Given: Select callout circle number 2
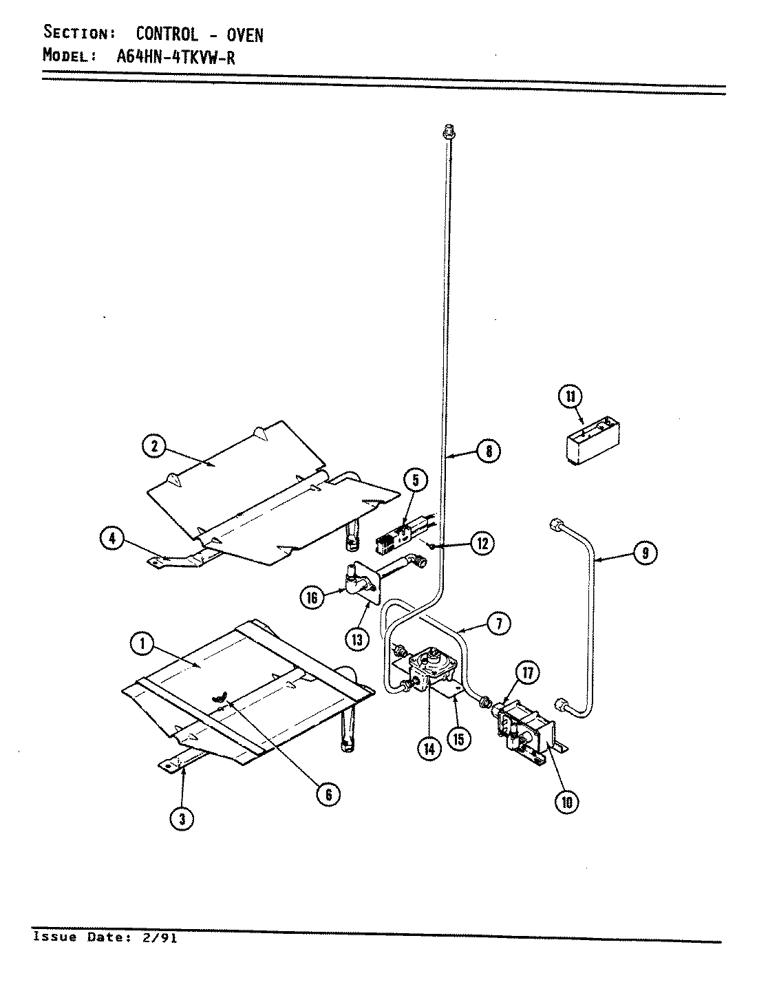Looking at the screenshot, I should tap(154, 447).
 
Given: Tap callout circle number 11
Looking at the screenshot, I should tap(571, 396).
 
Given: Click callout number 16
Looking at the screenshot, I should tap(312, 597).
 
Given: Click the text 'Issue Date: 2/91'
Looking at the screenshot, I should tap(105, 937).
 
